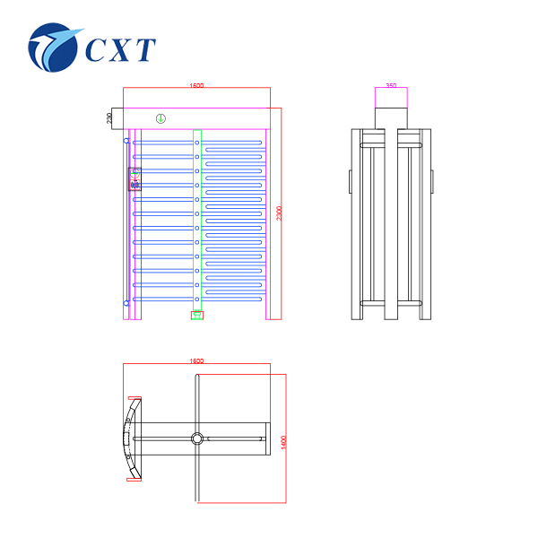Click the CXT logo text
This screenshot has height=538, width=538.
(121, 48)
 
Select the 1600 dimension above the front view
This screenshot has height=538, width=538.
(196, 86)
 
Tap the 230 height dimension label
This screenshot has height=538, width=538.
(110, 118)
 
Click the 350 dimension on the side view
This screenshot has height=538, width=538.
(391, 86)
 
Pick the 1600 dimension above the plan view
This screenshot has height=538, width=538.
(196, 360)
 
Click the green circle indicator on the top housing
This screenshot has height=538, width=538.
(161, 118)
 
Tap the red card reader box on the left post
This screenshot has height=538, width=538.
(135, 179)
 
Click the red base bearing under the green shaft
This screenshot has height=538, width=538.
(196, 314)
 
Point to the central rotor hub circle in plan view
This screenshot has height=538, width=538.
(196, 438)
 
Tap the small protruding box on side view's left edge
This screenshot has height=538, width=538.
(351, 179)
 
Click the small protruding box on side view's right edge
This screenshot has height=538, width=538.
(432, 179)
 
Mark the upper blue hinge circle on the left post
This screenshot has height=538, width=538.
(126, 139)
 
